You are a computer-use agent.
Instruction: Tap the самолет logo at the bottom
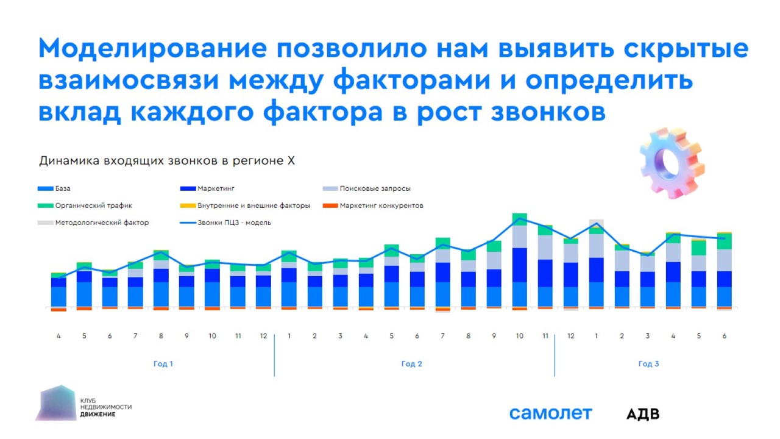coord(550,413)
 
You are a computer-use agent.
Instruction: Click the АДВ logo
coord(643,414)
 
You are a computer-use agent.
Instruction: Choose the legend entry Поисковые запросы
coord(375,188)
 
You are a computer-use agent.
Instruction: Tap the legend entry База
coord(63,188)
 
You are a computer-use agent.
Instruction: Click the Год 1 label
coord(163,364)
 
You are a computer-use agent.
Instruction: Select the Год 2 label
coord(412,364)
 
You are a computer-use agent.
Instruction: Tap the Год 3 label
coord(648,364)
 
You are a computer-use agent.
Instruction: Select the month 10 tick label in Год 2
coord(519,336)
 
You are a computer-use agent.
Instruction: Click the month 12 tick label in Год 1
coord(263,336)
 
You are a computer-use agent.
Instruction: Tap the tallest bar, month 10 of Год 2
coord(519,262)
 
